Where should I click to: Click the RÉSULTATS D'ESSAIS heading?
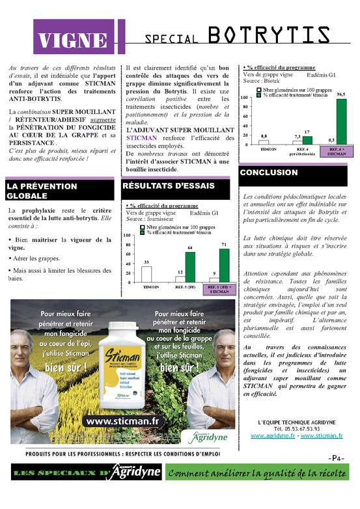[x=176, y=186]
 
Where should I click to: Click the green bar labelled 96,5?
[x=341, y=121]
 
